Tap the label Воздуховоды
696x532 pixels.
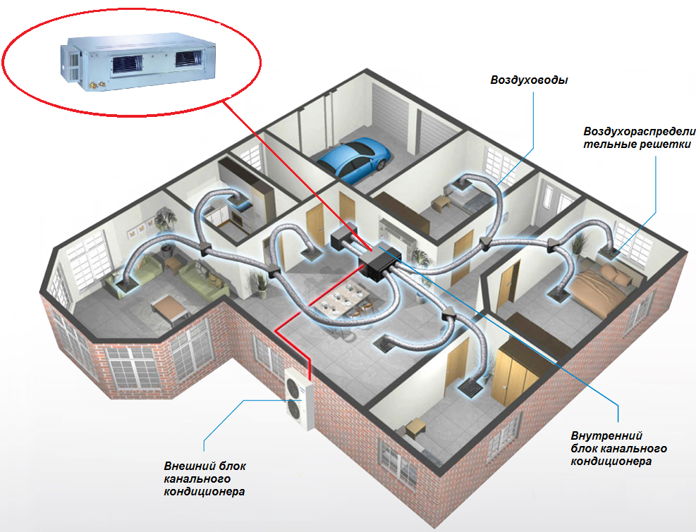pos(529,80)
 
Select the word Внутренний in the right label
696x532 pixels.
pos(606,435)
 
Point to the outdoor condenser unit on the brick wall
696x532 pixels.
pos(299,397)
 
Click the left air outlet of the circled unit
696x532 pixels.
pos(127,63)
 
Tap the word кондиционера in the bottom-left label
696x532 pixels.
pos(204,492)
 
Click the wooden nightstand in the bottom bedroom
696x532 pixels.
pos(416,428)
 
